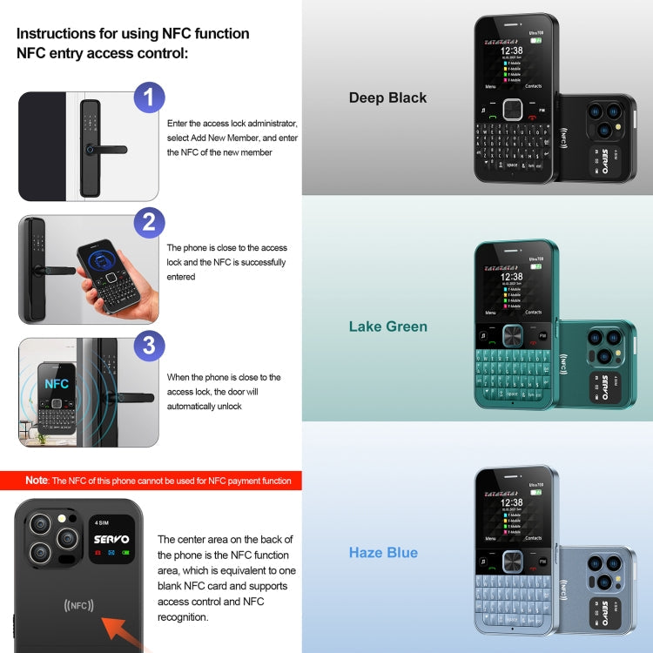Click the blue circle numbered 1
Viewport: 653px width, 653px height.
(x=149, y=98)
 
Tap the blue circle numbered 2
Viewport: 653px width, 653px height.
(x=149, y=222)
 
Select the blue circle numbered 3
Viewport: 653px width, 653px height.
(x=149, y=346)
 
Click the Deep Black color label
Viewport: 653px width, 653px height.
(x=387, y=98)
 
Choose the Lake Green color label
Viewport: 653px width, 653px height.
(x=387, y=326)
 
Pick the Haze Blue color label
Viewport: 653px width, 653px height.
(x=383, y=553)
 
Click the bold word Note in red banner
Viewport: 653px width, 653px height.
(x=37, y=481)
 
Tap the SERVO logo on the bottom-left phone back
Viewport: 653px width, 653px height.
(x=111, y=540)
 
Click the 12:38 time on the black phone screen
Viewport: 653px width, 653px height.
(x=512, y=50)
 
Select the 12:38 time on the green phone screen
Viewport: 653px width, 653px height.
(x=512, y=277)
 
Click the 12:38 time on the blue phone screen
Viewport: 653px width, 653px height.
(x=512, y=502)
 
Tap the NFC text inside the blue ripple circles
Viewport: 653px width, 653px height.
(x=57, y=383)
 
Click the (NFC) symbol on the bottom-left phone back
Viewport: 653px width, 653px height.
(x=79, y=605)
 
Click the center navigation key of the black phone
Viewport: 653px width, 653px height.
(x=512, y=109)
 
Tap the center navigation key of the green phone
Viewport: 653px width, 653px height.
(x=512, y=335)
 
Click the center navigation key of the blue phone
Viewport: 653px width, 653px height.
(x=512, y=562)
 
